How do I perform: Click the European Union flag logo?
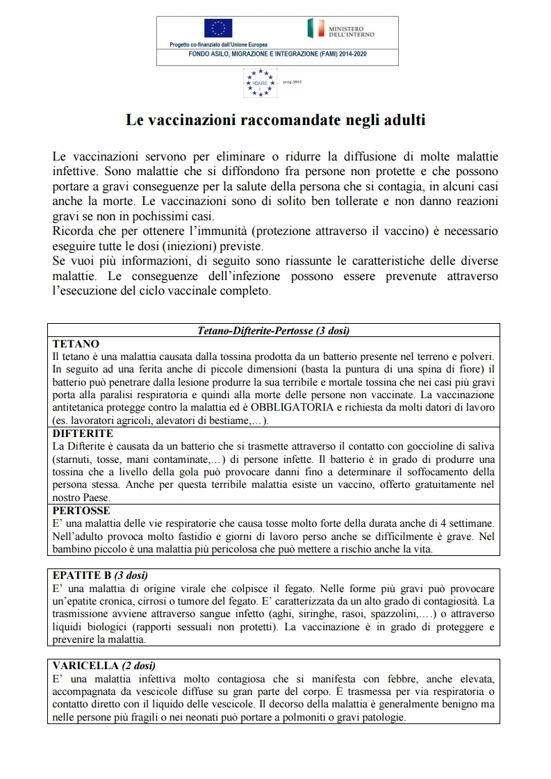coord(218,28)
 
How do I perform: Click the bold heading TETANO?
coord(76,344)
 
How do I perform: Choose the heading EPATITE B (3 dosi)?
coord(100,575)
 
